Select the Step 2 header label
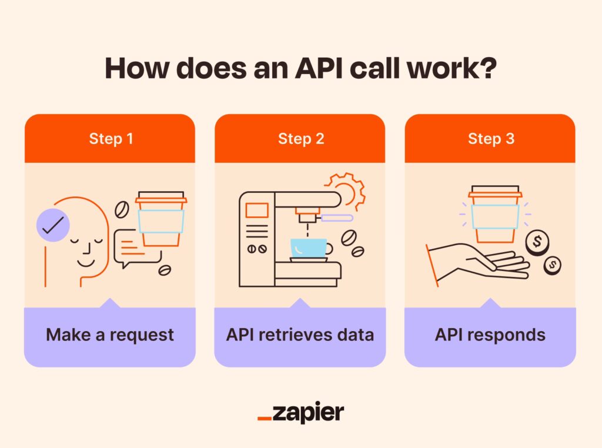click(300, 139)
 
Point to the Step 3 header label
click(490, 139)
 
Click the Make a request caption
click(110, 335)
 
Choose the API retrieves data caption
click(300, 335)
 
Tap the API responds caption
click(490, 335)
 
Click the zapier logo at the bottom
click(300, 412)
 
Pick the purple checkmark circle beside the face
click(53, 224)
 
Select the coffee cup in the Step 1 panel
click(160, 218)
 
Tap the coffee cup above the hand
click(494, 215)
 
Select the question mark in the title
click(489, 69)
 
